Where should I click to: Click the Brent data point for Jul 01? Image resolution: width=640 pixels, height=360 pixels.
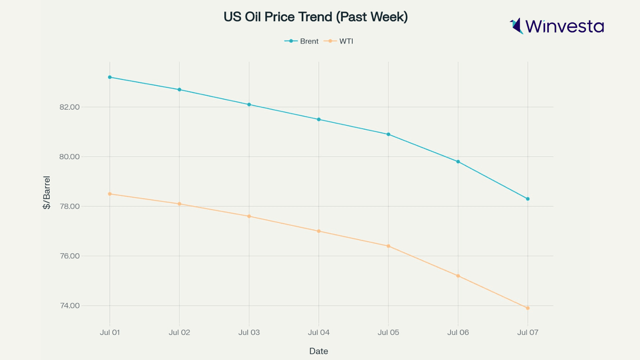pyautogui.click(x=110, y=77)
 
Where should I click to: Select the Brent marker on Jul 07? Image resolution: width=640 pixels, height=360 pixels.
pyautogui.click(x=528, y=199)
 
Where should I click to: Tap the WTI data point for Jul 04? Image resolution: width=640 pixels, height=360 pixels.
pyautogui.click(x=319, y=231)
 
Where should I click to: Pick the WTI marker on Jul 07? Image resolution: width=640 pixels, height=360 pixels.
pyautogui.click(x=528, y=308)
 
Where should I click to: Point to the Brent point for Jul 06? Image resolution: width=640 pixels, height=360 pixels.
pyautogui.click(x=458, y=162)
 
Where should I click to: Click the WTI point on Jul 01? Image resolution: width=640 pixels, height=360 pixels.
pyautogui.click(x=110, y=194)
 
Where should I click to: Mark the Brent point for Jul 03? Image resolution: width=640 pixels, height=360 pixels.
pyautogui.click(x=249, y=104)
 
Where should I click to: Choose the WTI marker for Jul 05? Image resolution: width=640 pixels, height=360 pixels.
pyautogui.click(x=388, y=246)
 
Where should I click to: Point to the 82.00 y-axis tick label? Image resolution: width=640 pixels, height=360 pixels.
pyautogui.click(x=70, y=107)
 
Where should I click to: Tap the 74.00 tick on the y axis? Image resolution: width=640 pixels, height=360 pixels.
pyautogui.click(x=70, y=306)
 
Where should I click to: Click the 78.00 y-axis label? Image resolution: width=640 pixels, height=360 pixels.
pyautogui.click(x=70, y=206)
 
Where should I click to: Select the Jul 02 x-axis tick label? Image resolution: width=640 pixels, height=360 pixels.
pyautogui.click(x=180, y=332)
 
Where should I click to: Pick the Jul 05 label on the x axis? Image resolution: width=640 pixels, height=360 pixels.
pyautogui.click(x=388, y=332)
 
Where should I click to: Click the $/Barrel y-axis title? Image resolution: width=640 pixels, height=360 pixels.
pyautogui.click(x=47, y=192)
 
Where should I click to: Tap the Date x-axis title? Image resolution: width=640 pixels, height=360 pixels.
pyautogui.click(x=319, y=351)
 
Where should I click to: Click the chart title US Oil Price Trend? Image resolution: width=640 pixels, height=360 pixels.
pyautogui.click(x=316, y=17)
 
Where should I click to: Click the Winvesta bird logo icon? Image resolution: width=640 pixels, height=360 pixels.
pyautogui.click(x=517, y=26)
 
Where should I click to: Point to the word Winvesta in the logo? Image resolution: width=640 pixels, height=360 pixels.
pyautogui.click(x=564, y=26)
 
